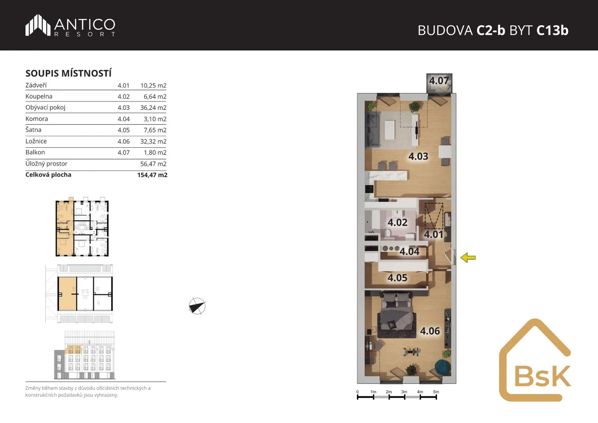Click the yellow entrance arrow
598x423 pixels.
coord(468,258)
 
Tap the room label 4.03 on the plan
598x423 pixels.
coord(418,156)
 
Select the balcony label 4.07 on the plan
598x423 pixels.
coord(439,81)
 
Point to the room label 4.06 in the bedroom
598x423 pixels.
coord(430,331)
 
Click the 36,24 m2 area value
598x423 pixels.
coord(153,108)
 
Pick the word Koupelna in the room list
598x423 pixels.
coord(39,96)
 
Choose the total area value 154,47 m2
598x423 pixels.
coord(152,175)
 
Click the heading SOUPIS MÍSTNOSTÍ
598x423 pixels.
coord(68,73)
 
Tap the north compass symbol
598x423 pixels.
coord(197,306)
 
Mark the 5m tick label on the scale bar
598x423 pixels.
coord(436,392)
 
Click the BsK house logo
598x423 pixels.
coord(535,360)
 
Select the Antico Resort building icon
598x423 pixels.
coord(38,25)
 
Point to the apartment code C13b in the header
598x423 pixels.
coord(552,30)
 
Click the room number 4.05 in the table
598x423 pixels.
coord(124,130)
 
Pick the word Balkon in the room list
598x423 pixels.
coord(35,152)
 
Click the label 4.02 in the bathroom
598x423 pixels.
coord(398,222)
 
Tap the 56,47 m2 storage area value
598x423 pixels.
coord(153,164)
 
